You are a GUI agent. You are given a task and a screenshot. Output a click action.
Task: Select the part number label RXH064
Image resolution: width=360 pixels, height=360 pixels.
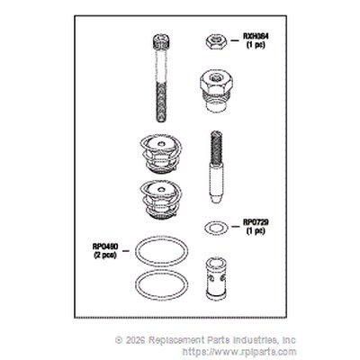(x=256, y=37)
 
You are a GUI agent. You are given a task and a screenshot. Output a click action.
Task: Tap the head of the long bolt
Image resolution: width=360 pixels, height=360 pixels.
(x=160, y=42)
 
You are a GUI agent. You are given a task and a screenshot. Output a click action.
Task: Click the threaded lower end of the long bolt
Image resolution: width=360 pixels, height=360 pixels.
(x=160, y=102)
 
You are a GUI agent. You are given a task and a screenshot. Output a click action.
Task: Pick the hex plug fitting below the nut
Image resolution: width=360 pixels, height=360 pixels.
(x=217, y=93)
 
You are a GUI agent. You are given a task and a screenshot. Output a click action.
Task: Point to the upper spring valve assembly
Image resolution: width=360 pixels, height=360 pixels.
(x=160, y=155)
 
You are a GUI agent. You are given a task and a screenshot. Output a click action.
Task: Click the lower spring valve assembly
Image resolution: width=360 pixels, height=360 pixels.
(x=160, y=199)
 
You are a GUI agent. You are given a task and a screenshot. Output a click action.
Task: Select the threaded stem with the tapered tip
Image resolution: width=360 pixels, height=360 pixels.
(x=217, y=166)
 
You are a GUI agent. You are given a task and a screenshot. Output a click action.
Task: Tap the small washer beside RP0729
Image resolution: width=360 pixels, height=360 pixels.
(x=216, y=229)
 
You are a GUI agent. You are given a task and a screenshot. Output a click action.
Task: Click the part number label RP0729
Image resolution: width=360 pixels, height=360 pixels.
(x=256, y=222)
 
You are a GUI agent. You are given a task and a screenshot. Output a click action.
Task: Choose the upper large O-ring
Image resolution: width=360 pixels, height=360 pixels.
(x=162, y=251)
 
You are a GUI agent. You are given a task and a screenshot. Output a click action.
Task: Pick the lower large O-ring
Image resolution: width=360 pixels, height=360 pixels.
(x=162, y=284)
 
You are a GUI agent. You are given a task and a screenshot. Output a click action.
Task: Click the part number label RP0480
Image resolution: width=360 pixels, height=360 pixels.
(x=105, y=247)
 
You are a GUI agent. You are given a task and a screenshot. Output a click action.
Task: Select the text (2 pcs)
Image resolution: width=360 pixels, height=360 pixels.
(x=105, y=256)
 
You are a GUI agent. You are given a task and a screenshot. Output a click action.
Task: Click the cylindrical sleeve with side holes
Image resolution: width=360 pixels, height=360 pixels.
(x=216, y=279)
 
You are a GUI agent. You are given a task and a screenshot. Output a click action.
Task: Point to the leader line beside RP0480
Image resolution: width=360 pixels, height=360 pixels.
(x=126, y=250)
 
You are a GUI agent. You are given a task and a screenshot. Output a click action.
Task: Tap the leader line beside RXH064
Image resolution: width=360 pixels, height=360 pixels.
(x=235, y=40)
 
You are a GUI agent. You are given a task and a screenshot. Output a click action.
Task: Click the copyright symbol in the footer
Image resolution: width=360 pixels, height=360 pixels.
(x=119, y=340)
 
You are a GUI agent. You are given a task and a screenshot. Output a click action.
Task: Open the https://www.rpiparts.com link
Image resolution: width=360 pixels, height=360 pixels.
(x=239, y=352)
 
